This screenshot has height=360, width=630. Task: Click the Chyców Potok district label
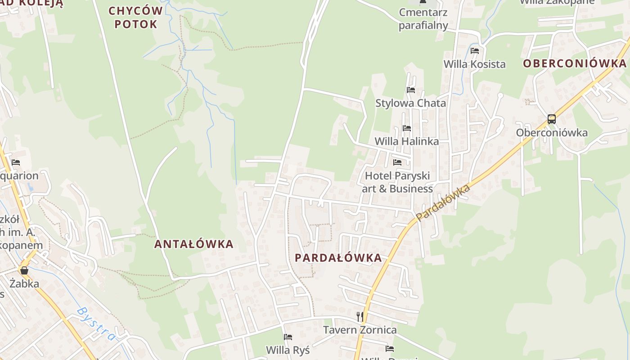(135, 17)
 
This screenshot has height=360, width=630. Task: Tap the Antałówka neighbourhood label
(193, 244)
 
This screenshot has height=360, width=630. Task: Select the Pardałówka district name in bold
(338, 258)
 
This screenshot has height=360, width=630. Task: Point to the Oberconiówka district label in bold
(575, 63)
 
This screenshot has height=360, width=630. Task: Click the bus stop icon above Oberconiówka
(552, 119)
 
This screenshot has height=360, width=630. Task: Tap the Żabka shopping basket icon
(24, 270)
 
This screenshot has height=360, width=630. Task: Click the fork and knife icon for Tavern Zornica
(360, 317)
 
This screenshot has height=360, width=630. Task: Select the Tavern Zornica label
(360, 330)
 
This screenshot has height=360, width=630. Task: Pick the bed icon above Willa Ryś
(288, 337)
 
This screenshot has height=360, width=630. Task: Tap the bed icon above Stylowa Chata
(411, 90)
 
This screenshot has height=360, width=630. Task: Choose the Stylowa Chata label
(411, 103)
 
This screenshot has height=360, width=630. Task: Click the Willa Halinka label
(407, 141)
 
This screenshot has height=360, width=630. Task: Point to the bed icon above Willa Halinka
(407, 129)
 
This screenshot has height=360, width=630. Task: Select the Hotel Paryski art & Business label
(397, 182)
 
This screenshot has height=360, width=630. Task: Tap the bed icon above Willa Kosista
(475, 51)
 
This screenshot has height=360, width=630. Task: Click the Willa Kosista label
(475, 64)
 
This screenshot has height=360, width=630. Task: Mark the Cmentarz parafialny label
(423, 19)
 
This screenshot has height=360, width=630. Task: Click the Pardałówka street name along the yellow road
(443, 202)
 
